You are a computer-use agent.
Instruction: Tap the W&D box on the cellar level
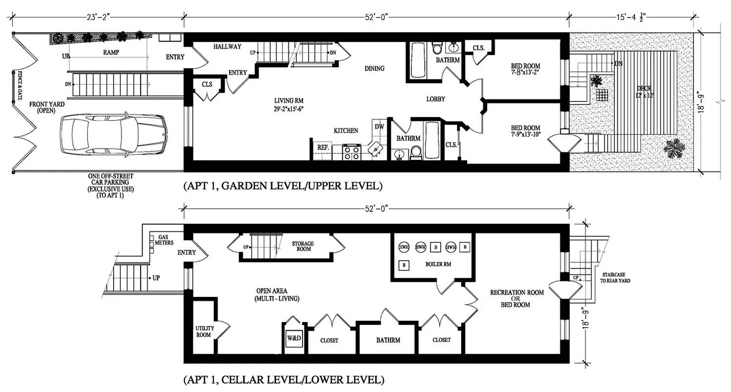[x=294, y=339]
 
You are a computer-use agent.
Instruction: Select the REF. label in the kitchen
[x=323, y=147]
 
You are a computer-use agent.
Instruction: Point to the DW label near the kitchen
[x=379, y=126]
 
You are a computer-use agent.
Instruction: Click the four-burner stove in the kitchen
[x=352, y=152]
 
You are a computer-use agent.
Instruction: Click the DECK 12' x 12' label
[x=644, y=91]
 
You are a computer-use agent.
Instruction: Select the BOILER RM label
[x=438, y=264]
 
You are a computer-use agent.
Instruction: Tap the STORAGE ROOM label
[x=303, y=246]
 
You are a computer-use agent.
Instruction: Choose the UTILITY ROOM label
[x=203, y=332]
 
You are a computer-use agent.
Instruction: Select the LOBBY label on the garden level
[x=435, y=99]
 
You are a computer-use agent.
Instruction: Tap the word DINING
[x=374, y=68]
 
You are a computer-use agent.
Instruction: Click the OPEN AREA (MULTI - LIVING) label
[x=277, y=294]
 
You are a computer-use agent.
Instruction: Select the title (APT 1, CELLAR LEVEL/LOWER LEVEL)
[x=283, y=379]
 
